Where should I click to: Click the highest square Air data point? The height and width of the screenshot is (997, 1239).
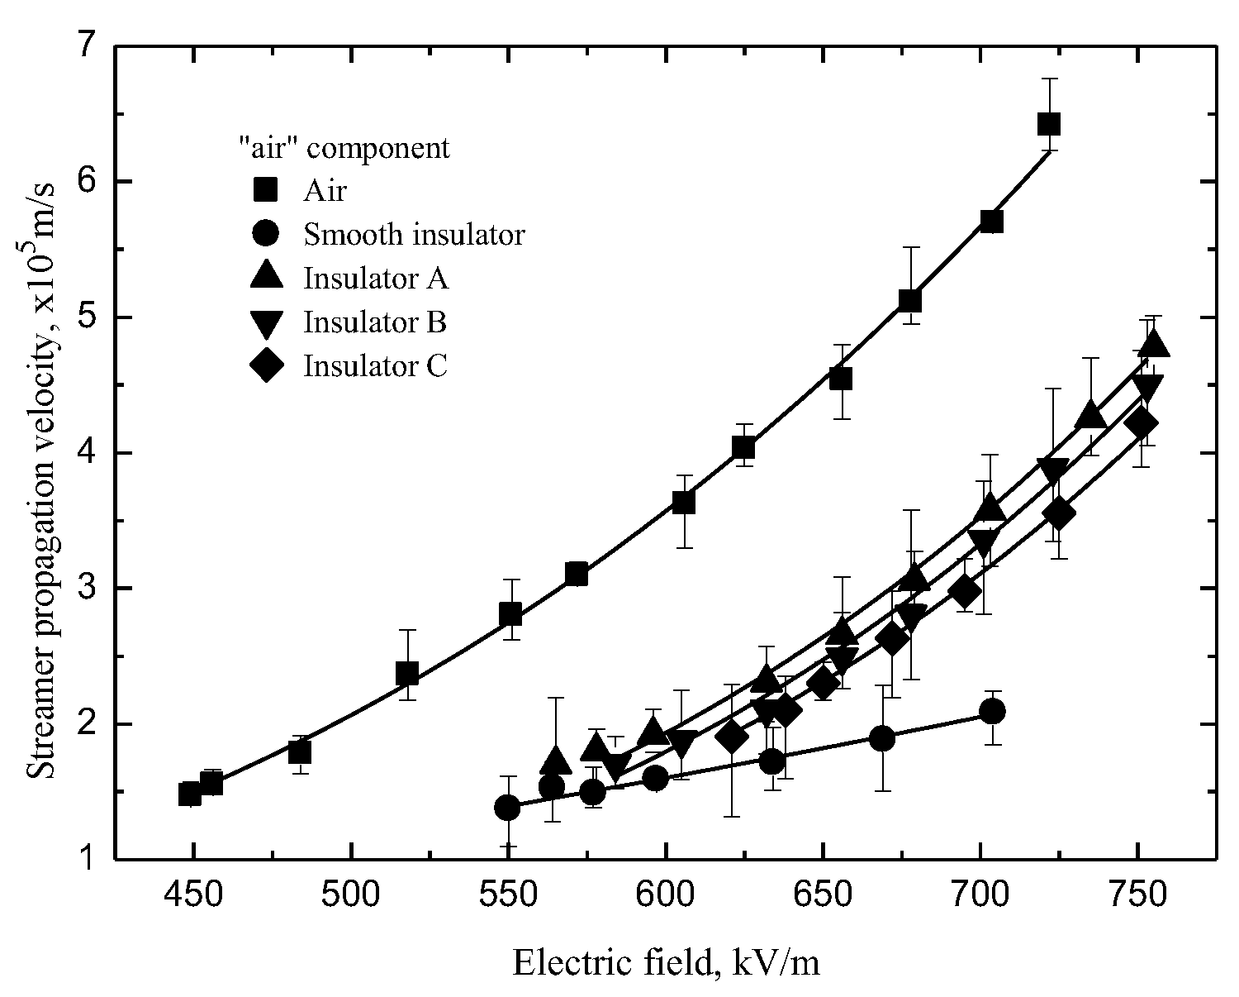(x=1048, y=124)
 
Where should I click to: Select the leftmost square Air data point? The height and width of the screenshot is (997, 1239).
(x=190, y=794)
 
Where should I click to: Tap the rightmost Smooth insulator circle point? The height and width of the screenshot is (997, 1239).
(x=992, y=711)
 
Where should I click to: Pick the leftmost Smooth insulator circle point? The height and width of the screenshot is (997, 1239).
(x=507, y=808)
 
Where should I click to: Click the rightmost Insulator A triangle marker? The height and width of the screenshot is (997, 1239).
(x=1153, y=343)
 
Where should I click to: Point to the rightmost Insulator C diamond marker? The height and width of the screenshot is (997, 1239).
(x=1142, y=423)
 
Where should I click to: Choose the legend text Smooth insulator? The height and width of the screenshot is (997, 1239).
(x=414, y=235)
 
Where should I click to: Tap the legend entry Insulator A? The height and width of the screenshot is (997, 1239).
(x=376, y=278)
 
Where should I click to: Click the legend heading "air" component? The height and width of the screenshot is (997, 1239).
(x=340, y=148)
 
